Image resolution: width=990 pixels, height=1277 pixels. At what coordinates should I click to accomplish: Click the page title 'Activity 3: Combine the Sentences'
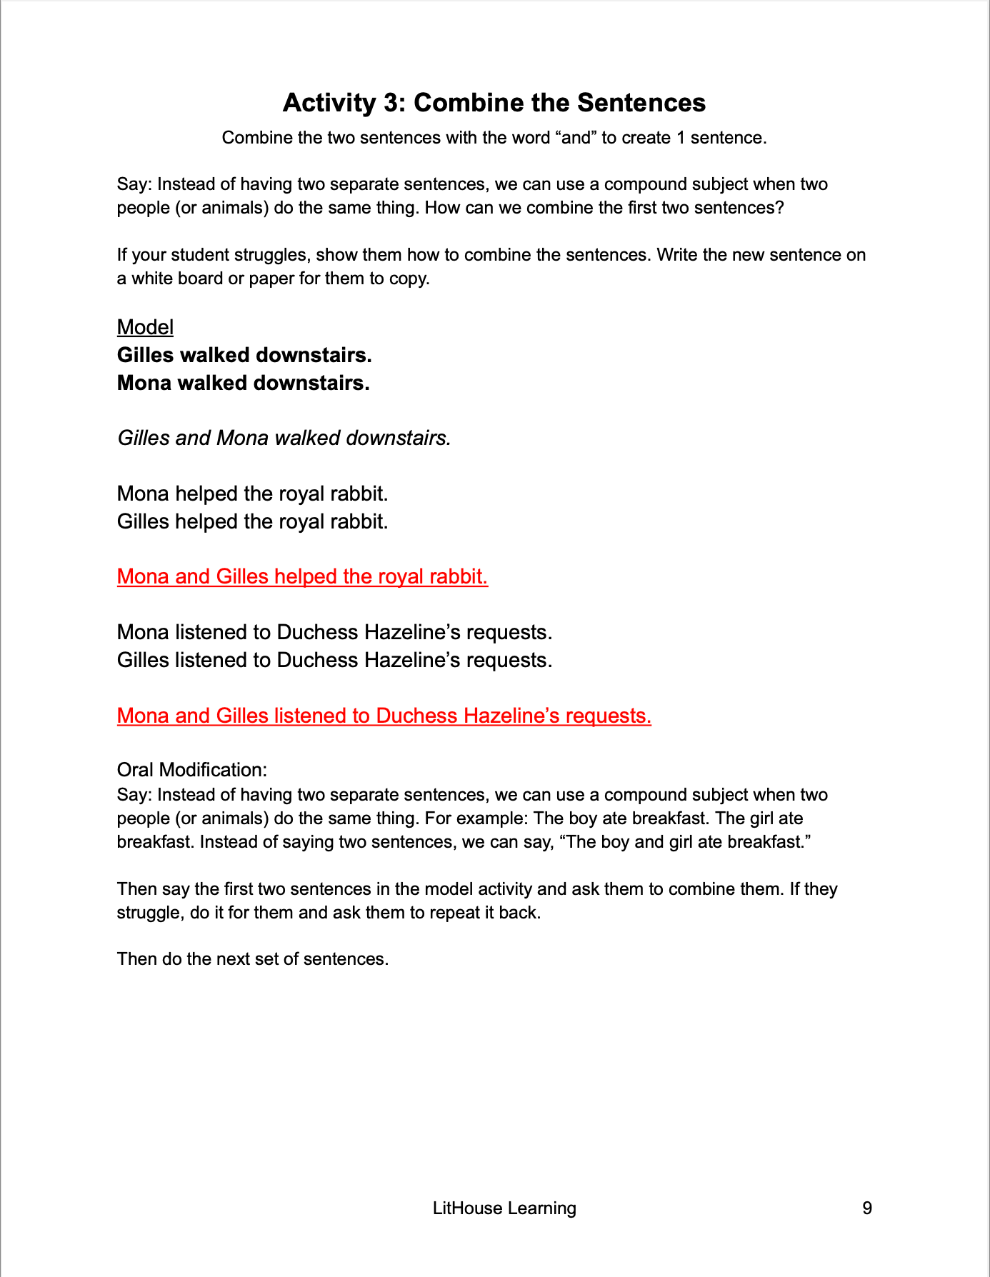(494, 103)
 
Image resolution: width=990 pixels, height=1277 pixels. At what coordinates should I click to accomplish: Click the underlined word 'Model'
(145, 327)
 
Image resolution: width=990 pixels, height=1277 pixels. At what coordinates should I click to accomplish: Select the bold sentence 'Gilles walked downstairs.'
(244, 355)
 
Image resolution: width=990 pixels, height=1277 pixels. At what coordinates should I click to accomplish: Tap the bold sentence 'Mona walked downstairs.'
(243, 383)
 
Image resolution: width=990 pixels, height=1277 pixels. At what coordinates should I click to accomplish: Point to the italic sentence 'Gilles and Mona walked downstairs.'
(284, 438)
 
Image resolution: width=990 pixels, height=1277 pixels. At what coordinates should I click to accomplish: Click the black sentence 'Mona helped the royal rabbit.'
(252, 494)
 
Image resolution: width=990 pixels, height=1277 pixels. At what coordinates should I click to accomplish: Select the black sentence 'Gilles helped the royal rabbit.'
(252, 521)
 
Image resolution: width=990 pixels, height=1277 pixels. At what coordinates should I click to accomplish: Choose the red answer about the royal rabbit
(302, 576)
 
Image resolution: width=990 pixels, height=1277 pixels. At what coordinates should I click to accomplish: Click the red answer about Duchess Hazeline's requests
(384, 716)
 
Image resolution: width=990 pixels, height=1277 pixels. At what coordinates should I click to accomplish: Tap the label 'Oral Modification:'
(192, 770)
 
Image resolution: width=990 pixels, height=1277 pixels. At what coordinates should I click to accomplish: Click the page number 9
(867, 1208)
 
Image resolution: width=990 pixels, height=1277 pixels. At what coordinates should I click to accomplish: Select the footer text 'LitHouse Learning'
(504, 1208)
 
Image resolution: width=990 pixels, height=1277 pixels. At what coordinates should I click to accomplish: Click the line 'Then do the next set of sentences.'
(253, 958)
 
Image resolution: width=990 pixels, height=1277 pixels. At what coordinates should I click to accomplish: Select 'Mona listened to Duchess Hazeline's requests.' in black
(334, 632)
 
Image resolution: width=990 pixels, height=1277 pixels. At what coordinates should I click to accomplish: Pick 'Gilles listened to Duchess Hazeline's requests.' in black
(334, 660)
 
